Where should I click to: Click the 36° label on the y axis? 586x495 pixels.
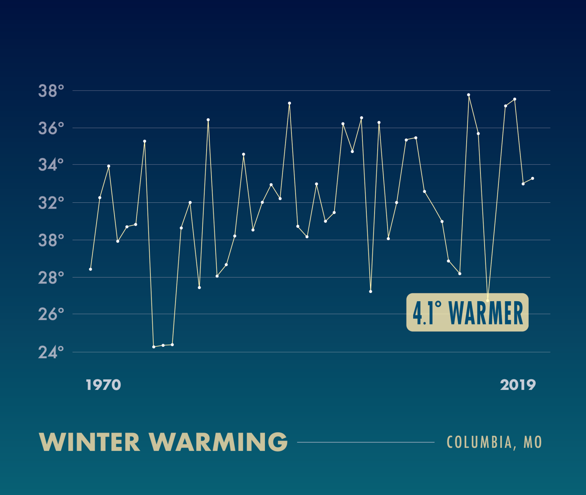click(x=51, y=128)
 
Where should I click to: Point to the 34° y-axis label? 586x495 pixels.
click(x=51, y=165)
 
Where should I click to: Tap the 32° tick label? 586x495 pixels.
click(x=51, y=203)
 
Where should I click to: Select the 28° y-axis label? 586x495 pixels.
click(x=51, y=278)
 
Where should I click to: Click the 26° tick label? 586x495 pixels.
click(x=51, y=314)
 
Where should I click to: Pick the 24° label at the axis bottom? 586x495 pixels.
click(x=51, y=352)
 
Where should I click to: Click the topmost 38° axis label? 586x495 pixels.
click(x=51, y=91)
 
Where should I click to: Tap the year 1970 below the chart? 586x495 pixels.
click(x=103, y=385)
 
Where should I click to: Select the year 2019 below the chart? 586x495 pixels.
click(x=518, y=385)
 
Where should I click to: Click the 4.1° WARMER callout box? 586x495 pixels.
click(x=467, y=312)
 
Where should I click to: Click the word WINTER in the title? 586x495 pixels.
click(x=89, y=442)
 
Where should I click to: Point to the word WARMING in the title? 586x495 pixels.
click(x=219, y=442)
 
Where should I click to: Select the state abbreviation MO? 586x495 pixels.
click(x=532, y=442)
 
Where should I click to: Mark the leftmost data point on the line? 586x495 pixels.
click(x=91, y=269)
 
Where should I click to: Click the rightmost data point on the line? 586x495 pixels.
click(x=532, y=178)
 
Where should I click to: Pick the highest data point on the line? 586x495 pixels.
click(x=469, y=95)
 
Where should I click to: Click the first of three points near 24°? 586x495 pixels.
click(x=154, y=347)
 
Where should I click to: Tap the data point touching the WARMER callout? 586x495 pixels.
click(x=488, y=300)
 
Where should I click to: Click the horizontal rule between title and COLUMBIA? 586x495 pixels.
click(x=366, y=442)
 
